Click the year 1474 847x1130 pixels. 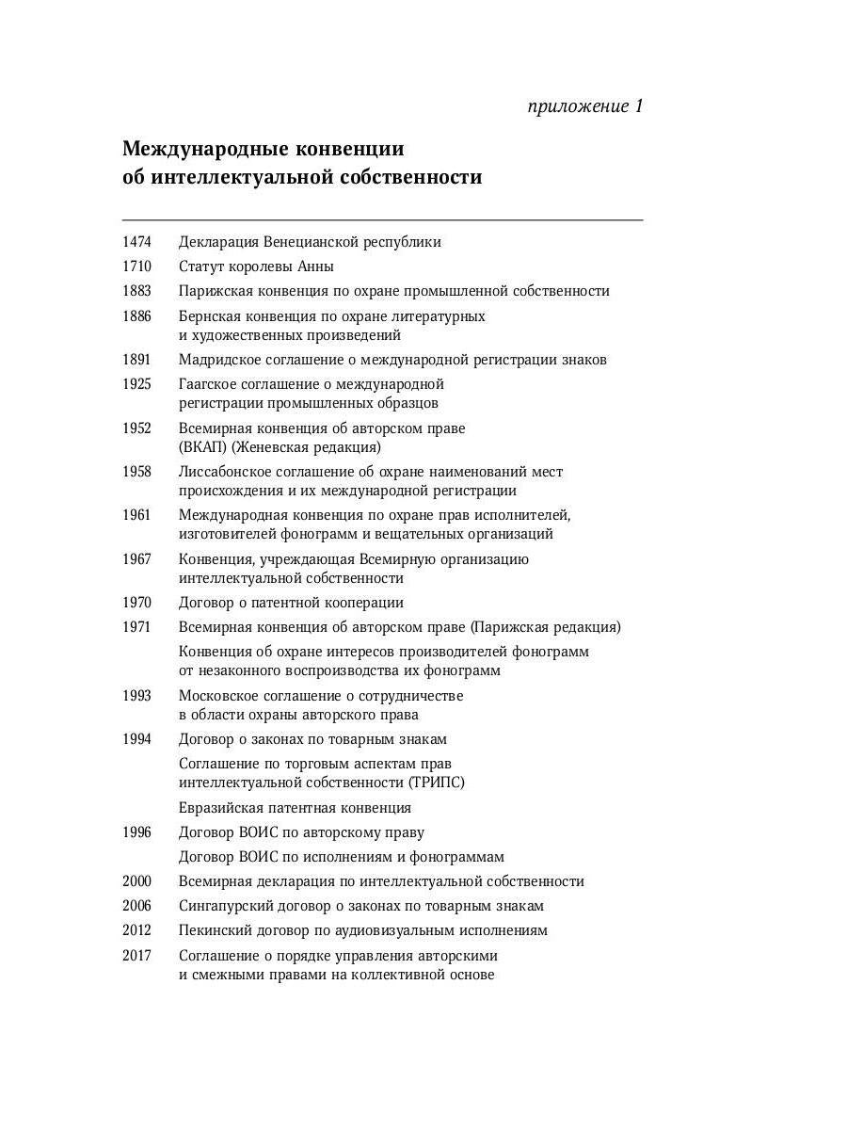click(136, 242)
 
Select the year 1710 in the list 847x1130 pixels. click(136, 266)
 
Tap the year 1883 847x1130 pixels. click(136, 291)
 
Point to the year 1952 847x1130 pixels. click(136, 428)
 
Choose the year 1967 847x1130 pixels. click(136, 559)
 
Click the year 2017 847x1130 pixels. click(136, 956)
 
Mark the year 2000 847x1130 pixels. click(136, 881)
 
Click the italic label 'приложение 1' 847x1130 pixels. click(585, 106)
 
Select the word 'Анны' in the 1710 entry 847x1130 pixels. click(315, 266)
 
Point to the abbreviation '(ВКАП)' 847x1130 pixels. click(202, 448)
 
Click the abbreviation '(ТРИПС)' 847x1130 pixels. click(437, 783)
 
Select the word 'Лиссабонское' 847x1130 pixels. click(225, 472)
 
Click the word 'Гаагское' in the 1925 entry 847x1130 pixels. click(209, 384)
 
